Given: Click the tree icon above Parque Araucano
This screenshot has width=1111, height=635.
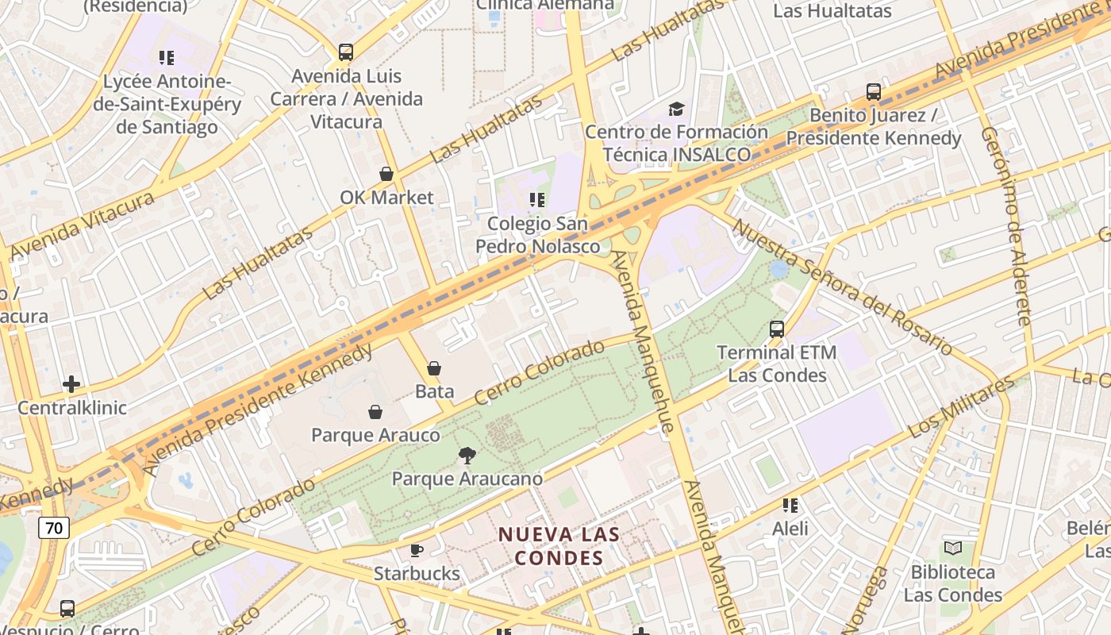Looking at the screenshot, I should click(467, 456).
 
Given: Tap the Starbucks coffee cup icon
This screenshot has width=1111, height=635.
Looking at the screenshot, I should click(417, 550).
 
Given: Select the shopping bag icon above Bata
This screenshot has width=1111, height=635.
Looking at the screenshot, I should click(434, 368).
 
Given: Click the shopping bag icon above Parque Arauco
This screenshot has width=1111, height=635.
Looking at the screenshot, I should click(375, 412).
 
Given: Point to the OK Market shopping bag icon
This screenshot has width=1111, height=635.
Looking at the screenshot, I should click(386, 174).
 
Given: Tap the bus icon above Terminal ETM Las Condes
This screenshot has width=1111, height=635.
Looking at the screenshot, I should click(777, 329).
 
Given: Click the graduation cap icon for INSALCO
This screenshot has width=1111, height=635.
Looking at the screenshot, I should click(676, 109).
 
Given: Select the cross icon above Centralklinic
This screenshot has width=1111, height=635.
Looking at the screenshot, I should click(71, 385).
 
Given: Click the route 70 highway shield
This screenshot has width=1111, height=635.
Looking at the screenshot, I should click(54, 528).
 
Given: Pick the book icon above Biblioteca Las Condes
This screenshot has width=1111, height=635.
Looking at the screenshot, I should click(952, 548).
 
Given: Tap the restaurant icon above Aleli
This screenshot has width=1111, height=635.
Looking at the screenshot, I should click(790, 505).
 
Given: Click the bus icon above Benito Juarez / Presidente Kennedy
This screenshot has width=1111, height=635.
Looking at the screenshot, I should click(874, 92).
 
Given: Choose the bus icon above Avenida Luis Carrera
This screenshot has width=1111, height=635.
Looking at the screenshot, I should click(346, 52).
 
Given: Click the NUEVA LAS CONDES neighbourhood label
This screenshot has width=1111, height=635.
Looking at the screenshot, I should click(559, 546).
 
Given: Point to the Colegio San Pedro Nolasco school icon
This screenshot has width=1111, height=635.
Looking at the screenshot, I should click(537, 200).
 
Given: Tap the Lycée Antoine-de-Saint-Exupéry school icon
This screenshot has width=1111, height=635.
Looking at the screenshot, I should click(167, 58).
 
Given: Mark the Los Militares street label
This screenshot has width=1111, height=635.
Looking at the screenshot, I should click(961, 407).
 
